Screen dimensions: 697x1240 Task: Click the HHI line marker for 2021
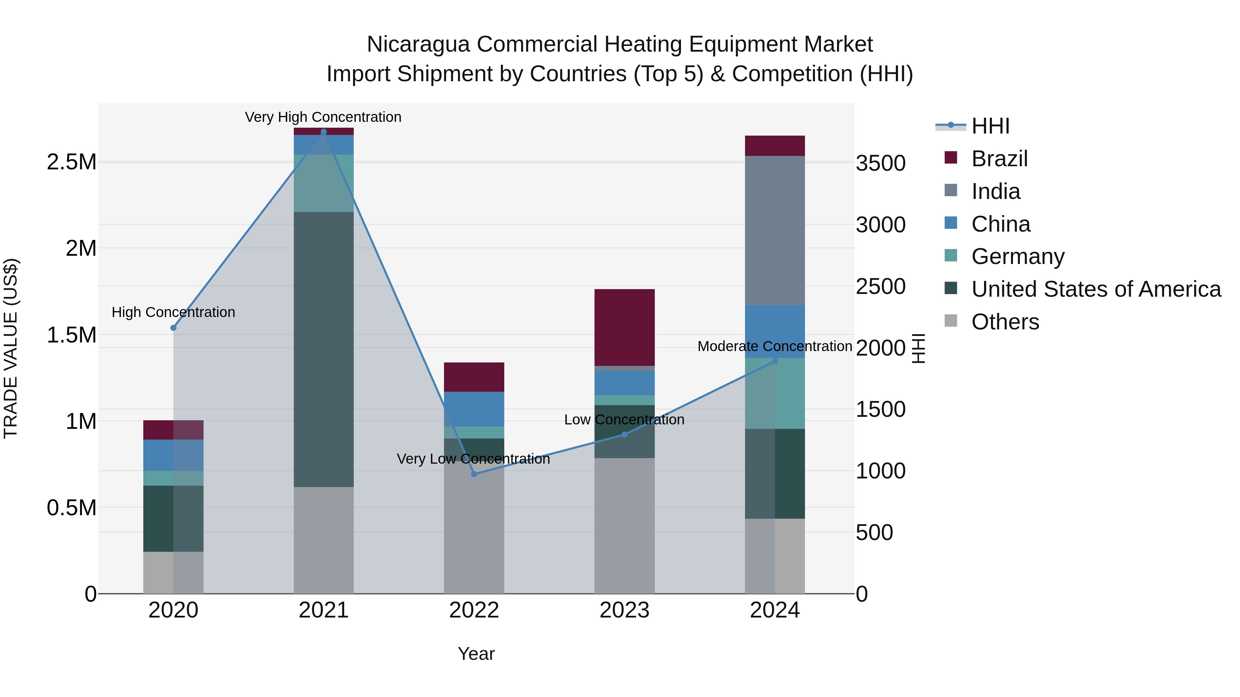tap(323, 132)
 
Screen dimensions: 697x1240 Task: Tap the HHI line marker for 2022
tap(474, 474)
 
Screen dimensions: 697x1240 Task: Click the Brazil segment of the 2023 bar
tap(624, 327)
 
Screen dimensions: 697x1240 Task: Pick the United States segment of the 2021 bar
tap(323, 349)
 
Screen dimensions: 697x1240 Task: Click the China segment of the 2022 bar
tap(474, 409)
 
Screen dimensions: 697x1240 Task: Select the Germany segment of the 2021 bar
tap(323, 183)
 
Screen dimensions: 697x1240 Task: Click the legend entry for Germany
tap(1017, 256)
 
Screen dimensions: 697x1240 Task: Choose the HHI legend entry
tap(990, 126)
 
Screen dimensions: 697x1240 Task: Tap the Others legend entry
tap(1005, 322)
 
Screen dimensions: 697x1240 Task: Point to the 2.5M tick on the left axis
tap(71, 162)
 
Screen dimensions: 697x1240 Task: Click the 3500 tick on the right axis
tap(880, 163)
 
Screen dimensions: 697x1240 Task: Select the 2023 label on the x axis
tap(624, 610)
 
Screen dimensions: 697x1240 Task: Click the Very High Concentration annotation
tap(323, 117)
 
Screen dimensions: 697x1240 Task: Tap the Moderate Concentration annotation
tap(775, 346)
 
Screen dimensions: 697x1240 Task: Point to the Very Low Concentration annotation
tap(473, 458)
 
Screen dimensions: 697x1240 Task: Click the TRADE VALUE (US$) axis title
tap(11, 348)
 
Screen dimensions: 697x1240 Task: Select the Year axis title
tap(476, 654)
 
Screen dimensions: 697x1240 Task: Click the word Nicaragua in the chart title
tap(418, 44)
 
